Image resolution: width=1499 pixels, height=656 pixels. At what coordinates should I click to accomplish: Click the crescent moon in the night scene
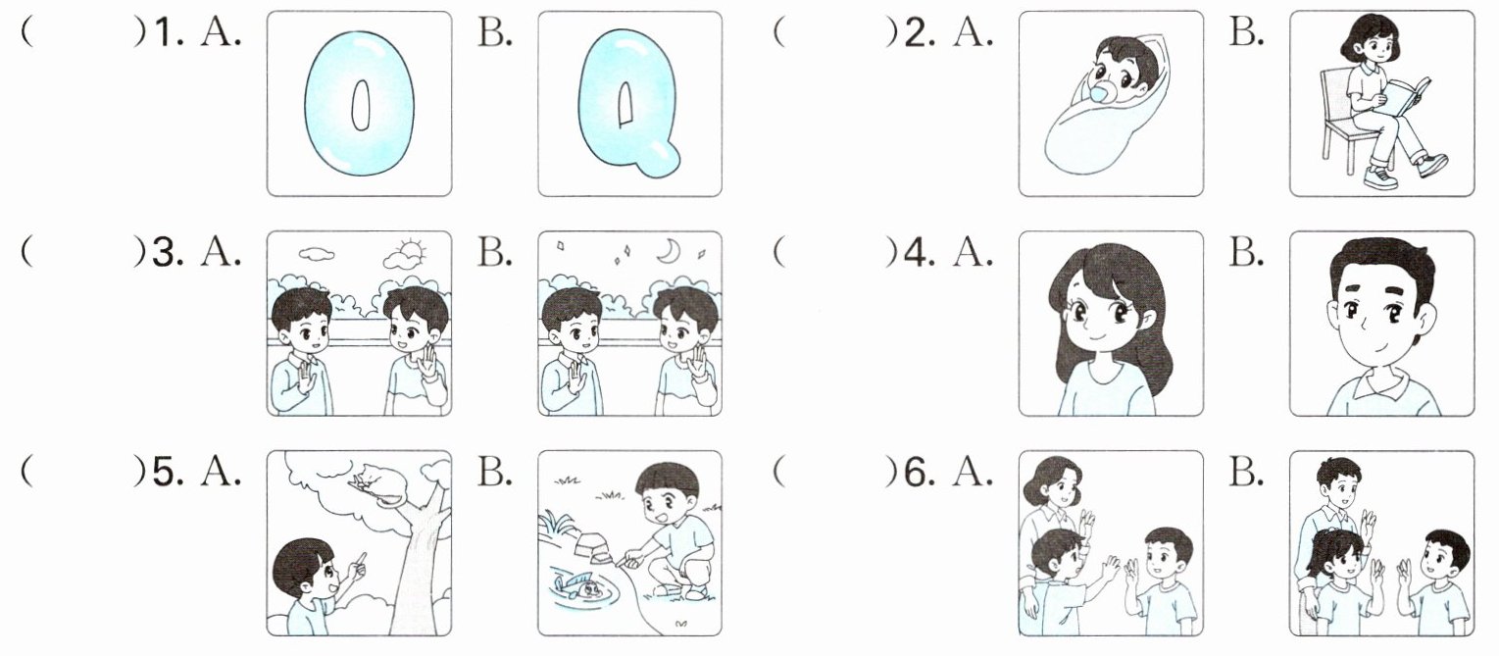click(x=669, y=252)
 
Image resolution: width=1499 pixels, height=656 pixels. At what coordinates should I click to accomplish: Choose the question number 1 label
click(x=169, y=33)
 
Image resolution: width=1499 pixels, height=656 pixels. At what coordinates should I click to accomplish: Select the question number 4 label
click(x=920, y=253)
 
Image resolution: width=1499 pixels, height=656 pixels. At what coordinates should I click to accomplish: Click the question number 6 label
click(x=920, y=473)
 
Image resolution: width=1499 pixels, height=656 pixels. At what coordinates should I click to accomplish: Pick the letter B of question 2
click(x=1246, y=31)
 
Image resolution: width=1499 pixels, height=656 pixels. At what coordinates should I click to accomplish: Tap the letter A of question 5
click(x=221, y=473)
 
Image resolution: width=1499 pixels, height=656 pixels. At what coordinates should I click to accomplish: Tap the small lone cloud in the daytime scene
click(x=317, y=254)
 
